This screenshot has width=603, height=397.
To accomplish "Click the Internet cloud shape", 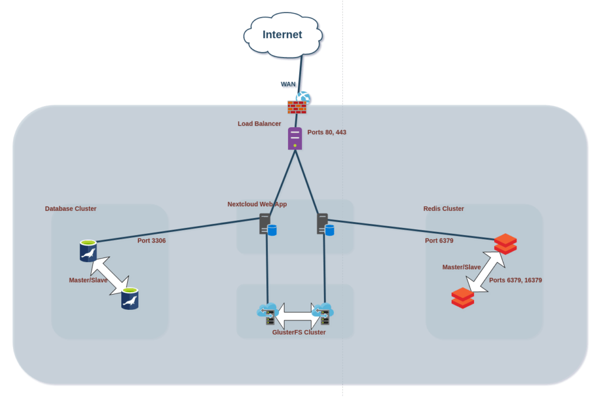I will (283, 35).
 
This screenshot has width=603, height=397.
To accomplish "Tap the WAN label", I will (288, 84).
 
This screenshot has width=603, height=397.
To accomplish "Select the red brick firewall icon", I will (297, 107).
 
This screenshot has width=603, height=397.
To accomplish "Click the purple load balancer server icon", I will (295, 138).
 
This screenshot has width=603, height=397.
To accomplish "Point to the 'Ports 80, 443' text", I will (327, 133).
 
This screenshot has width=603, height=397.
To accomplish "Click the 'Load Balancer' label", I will (259, 124).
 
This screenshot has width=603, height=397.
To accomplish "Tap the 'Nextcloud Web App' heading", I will (257, 204).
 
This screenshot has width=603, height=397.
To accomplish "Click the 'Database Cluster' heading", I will (71, 209).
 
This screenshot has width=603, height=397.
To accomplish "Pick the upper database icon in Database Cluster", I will (88, 250).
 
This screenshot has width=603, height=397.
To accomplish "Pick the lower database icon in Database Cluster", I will (130, 299).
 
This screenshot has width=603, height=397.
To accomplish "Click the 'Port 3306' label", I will (152, 240).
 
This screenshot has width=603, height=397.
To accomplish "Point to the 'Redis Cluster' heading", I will (443, 209).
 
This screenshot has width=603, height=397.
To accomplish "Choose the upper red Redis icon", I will (505, 244).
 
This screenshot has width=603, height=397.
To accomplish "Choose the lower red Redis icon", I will (462, 297).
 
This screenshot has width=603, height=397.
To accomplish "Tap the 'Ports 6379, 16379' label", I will (515, 280).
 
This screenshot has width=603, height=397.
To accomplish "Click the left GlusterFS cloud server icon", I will (267, 313).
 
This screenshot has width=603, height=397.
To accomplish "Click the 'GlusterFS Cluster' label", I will (299, 332).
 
